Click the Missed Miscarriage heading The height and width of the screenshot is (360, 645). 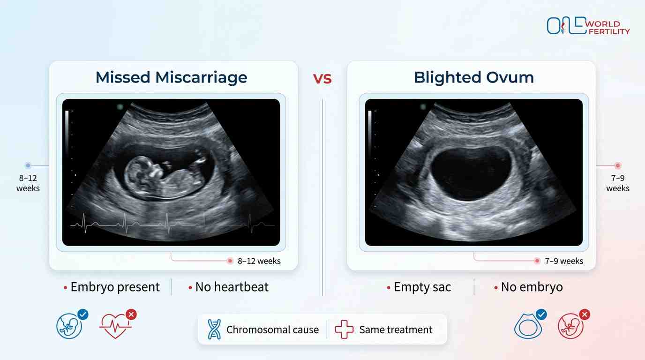[171, 77]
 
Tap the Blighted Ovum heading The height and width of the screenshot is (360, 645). [473, 77]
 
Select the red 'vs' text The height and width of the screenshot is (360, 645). [322, 78]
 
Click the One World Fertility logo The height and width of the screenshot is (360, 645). [588, 26]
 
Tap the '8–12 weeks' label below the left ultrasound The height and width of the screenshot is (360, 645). [259, 261]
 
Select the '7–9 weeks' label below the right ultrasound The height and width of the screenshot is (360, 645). [564, 261]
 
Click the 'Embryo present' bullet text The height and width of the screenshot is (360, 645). [115, 287]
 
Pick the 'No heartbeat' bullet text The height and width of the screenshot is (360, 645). [232, 287]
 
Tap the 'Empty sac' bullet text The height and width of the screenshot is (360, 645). [422, 287]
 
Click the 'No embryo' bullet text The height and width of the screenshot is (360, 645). [532, 287]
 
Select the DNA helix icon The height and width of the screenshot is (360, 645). [214, 330]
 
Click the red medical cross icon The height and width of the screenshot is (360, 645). [344, 330]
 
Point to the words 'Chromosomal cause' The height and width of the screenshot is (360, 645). [272, 330]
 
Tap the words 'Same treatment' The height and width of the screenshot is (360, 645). [396, 330]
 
